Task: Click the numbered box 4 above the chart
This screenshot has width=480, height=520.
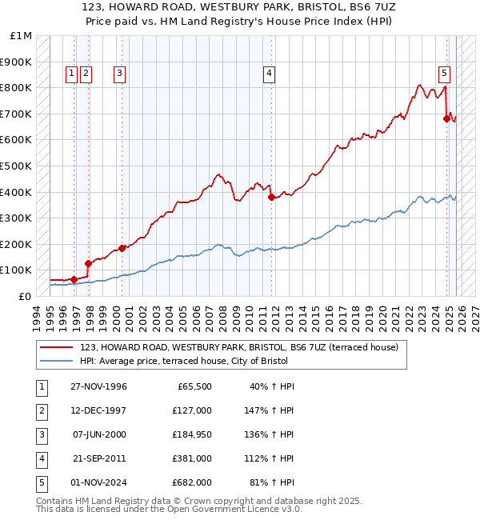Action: coord(269,74)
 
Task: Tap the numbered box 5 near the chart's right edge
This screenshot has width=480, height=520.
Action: coord(444,74)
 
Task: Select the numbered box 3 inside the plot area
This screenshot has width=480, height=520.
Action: coord(119,74)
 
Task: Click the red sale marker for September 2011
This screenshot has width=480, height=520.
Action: coord(271,196)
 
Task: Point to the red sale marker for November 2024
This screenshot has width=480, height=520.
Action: coord(446,118)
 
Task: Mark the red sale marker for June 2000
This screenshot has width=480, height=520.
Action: coord(122,248)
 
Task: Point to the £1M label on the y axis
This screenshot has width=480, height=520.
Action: coord(22,36)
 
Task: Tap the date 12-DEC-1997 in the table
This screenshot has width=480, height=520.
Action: coord(98,410)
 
